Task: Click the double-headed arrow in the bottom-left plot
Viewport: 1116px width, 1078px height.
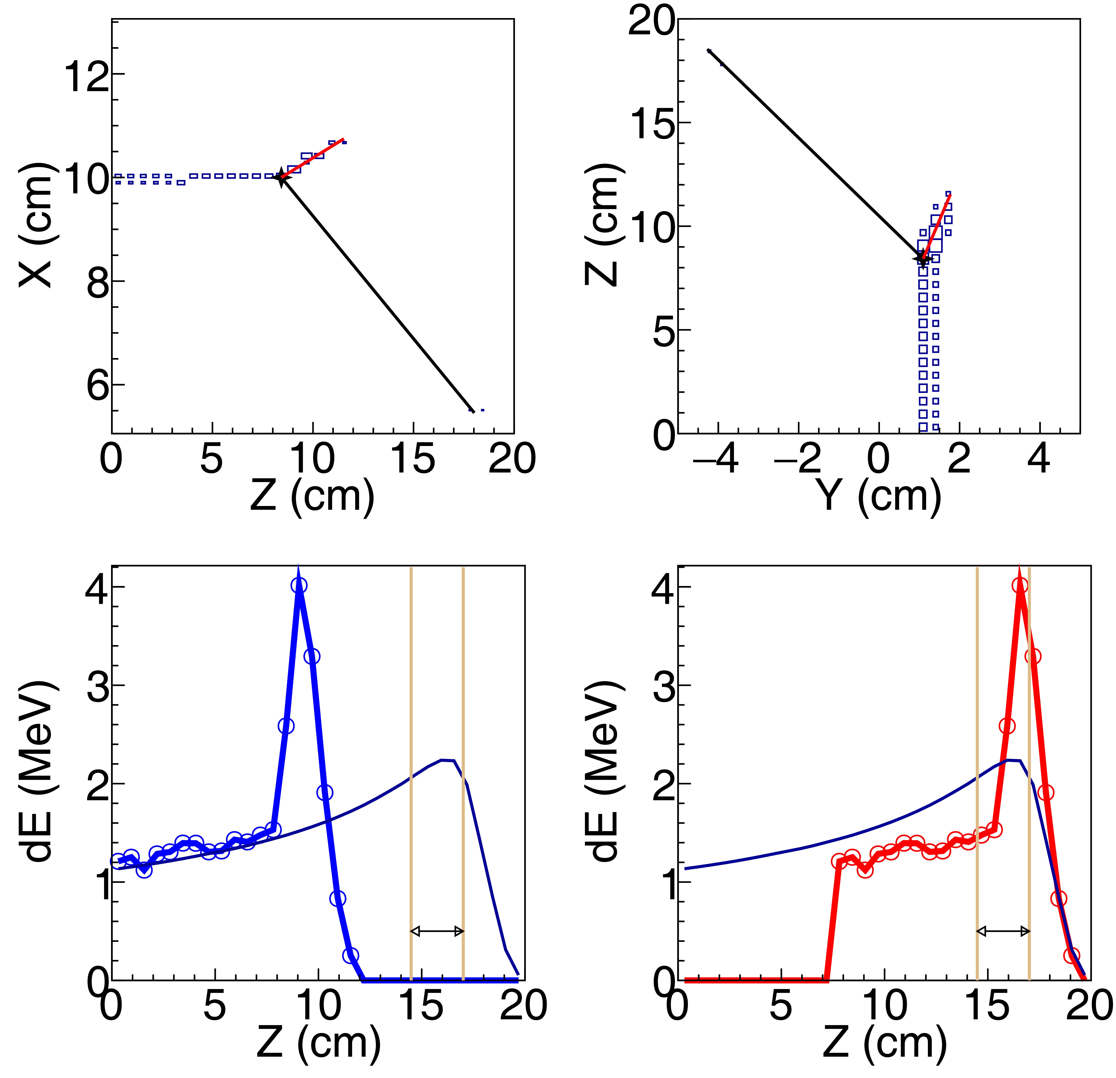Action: click(437, 931)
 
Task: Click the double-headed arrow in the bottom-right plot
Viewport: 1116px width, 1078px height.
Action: click(1003, 931)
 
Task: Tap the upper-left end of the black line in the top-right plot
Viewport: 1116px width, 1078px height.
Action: click(709, 51)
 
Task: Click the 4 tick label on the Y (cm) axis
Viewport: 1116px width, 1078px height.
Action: click(1040, 459)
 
